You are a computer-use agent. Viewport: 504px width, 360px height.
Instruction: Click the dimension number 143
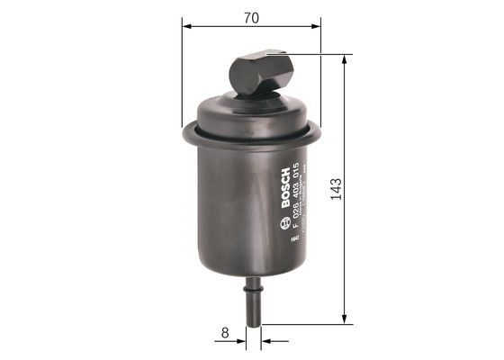337,189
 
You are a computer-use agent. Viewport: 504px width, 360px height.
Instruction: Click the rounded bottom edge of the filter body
251,272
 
